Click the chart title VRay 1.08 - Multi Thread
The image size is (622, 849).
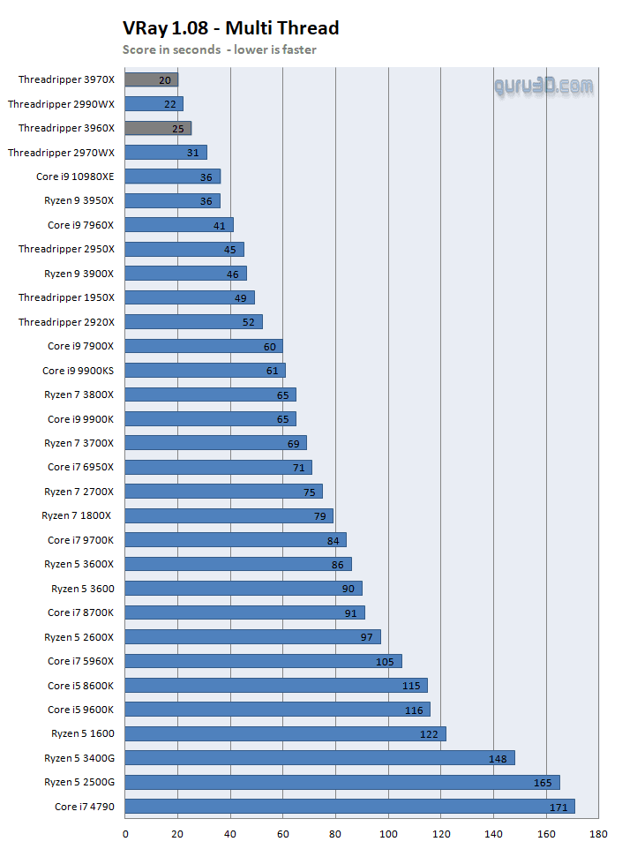[230, 28]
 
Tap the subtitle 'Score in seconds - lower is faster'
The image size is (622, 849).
[219, 49]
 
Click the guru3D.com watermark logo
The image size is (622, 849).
[543, 86]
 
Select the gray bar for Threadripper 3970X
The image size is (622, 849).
[151, 79]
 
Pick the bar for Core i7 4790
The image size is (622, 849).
[349, 807]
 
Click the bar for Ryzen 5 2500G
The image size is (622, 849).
[342, 782]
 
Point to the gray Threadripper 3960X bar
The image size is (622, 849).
[158, 128]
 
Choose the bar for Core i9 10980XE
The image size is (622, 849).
[172, 177]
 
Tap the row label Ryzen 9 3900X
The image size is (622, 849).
[79, 274]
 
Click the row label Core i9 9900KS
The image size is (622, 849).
[78, 371]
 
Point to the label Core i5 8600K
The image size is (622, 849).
[80, 686]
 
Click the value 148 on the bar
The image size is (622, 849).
[498, 758]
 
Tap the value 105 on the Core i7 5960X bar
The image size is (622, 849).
[385, 661]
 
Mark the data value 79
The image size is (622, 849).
[320, 516]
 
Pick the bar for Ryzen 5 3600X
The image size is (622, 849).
[238, 564]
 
